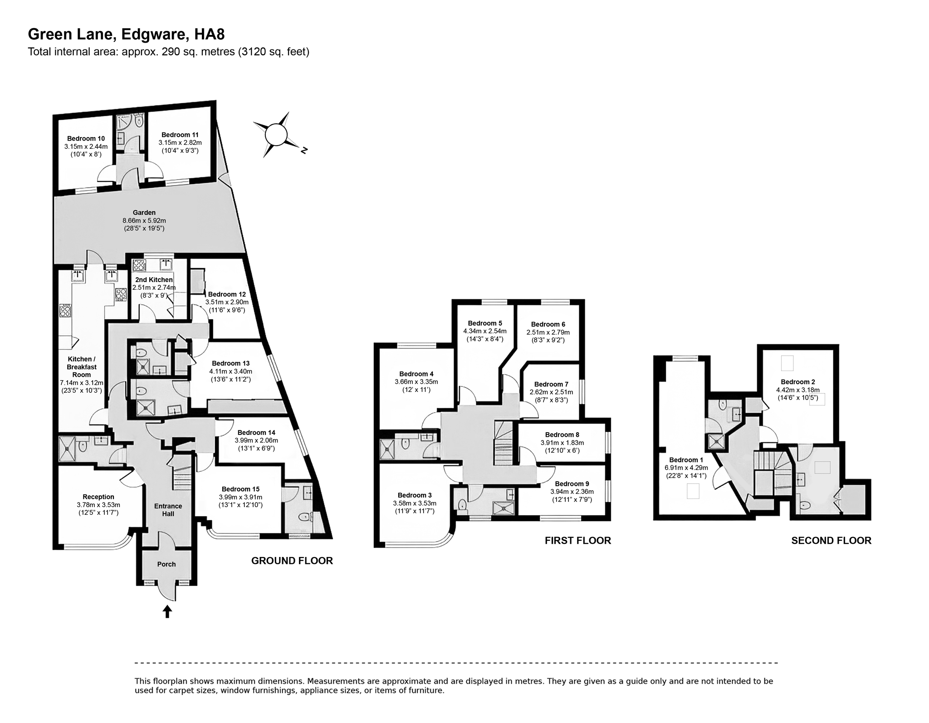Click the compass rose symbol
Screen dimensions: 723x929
[x=276, y=135]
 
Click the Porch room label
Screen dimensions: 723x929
[x=166, y=564]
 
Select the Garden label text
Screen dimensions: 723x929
[x=144, y=212]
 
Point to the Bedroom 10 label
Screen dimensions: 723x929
[x=86, y=139]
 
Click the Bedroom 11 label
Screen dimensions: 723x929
[x=180, y=135]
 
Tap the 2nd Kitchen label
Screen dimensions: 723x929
[x=154, y=280]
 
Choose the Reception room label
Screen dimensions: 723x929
[x=98, y=497]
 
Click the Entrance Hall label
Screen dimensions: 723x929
[x=168, y=510]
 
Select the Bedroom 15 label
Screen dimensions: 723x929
[x=240, y=489]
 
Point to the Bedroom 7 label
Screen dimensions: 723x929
[x=551, y=384]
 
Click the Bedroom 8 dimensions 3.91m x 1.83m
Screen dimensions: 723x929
[x=562, y=443]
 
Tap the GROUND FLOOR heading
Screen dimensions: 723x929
[x=292, y=561]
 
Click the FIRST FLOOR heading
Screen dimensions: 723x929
[x=577, y=541]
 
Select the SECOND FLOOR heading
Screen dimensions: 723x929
[x=831, y=541]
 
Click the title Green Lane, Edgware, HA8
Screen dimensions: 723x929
[x=126, y=34]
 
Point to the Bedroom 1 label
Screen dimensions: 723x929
[x=683, y=460]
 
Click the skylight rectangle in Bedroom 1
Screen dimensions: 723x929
[x=693, y=491]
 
